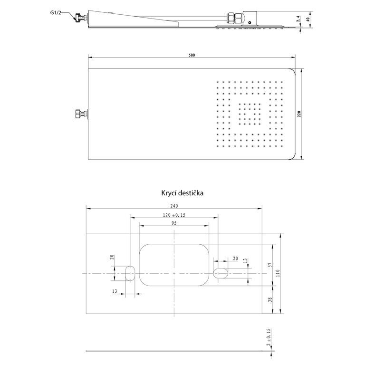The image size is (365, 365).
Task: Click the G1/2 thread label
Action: pyautogui.click(x=56, y=12)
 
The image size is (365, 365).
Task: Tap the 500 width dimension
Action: pyautogui.click(x=192, y=55)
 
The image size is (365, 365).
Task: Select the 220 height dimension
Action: pyautogui.click(x=299, y=114)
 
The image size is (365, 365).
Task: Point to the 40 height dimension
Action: pyautogui.click(x=308, y=19)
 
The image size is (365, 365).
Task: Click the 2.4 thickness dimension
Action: pyautogui.click(x=298, y=19)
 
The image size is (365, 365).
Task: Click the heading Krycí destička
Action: pyautogui.click(x=182, y=193)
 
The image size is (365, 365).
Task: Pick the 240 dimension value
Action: pyautogui.click(x=174, y=206)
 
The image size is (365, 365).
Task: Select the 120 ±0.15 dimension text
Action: pyautogui.click(x=174, y=215)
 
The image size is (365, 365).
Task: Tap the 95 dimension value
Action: pyautogui.click(x=174, y=223)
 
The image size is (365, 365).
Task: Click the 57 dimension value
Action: pyautogui.click(x=270, y=265)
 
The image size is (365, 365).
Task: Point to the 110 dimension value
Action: pyautogui.click(x=278, y=273)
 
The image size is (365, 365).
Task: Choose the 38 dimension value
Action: pyautogui.click(x=270, y=299)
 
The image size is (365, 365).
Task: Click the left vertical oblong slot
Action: pyautogui.click(x=130, y=273)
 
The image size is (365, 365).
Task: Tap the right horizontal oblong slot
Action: pyautogui.click(x=221, y=273)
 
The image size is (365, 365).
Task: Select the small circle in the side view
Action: pyautogui.click(x=250, y=23)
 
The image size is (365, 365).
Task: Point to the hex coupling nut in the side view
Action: pyautogui.click(x=234, y=18)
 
